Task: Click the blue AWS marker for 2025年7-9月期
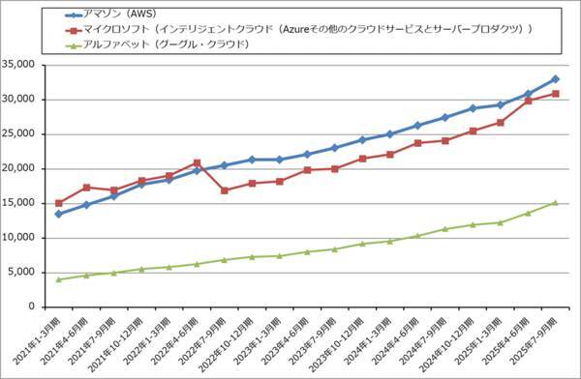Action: (x=555, y=79)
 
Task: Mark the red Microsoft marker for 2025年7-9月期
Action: (x=555, y=94)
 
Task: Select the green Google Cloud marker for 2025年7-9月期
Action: (x=555, y=203)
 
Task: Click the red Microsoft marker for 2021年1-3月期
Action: (x=59, y=203)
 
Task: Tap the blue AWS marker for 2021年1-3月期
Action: (x=59, y=214)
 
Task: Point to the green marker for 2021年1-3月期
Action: (x=59, y=279)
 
